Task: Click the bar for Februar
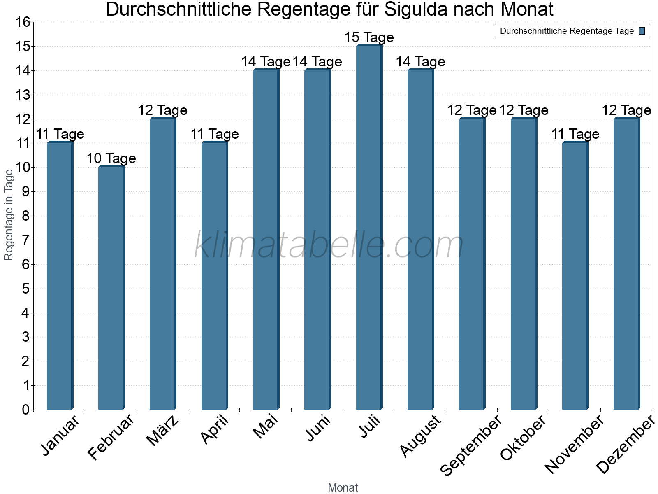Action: coord(111,288)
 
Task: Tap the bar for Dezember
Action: coord(626,263)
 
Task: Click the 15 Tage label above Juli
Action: coord(369,37)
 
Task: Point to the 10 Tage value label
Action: coord(111,158)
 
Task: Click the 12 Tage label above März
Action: coord(162,110)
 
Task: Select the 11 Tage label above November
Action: coord(575,134)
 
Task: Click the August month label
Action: coord(421,436)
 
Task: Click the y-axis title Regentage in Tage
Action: coord(9,215)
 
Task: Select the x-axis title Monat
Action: coord(343,488)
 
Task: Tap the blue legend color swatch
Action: coord(642,31)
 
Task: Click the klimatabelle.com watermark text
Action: coord(329,245)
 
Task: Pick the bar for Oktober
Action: coord(524,263)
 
